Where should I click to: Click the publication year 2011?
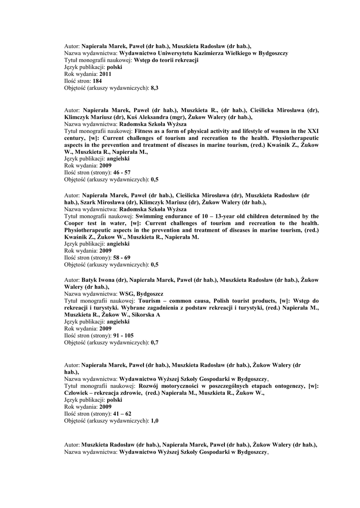tap(105, 74)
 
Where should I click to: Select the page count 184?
tap(98, 81)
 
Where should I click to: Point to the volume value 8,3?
tap(154, 88)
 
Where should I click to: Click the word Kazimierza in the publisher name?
tap(211, 53)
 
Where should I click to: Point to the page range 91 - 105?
tap(123, 335)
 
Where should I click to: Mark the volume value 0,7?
tap(154, 342)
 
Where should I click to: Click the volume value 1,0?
tap(154, 420)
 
